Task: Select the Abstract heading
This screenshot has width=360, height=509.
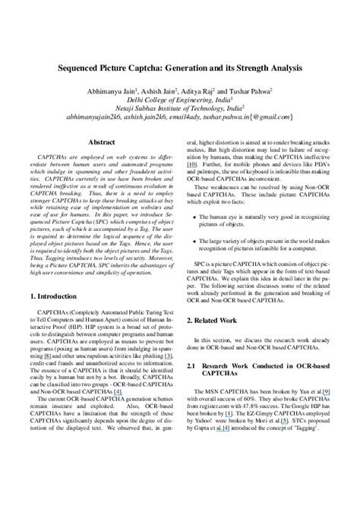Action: click(x=102, y=142)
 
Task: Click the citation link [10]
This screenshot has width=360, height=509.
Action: click(x=192, y=164)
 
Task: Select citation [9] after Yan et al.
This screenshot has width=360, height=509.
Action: click(x=327, y=390)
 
